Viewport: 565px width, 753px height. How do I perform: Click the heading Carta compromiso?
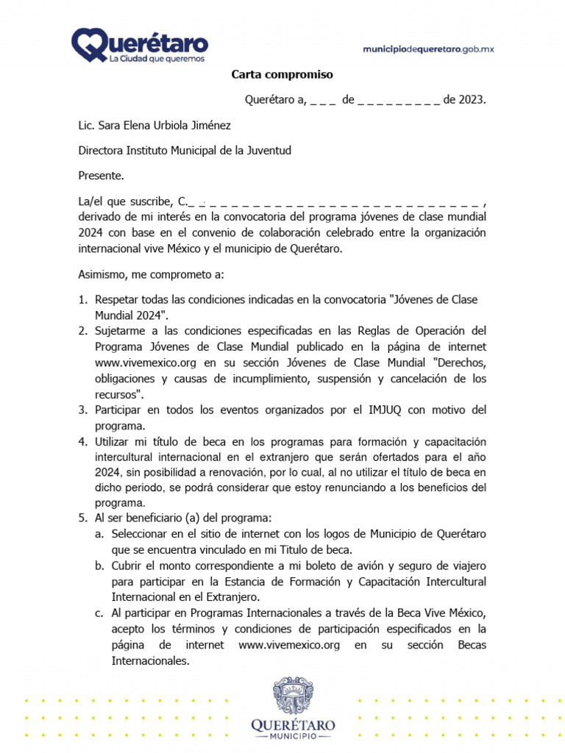pyautogui.click(x=282, y=74)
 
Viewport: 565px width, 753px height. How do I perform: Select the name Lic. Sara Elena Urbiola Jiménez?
pyautogui.click(x=154, y=126)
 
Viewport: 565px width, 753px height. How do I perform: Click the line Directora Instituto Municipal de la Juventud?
pyautogui.click(x=185, y=150)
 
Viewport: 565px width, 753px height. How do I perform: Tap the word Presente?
pyautogui.click(x=101, y=175)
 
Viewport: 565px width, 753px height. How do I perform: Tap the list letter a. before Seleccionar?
pyautogui.click(x=99, y=533)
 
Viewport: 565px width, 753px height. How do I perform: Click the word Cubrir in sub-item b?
pyautogui.click(x=127, y=565)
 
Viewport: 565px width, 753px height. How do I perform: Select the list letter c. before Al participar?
pyautogui.click(x=99, y=613)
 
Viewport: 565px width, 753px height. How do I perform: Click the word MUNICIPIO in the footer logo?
pyautogui.click(x=294, y=736)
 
